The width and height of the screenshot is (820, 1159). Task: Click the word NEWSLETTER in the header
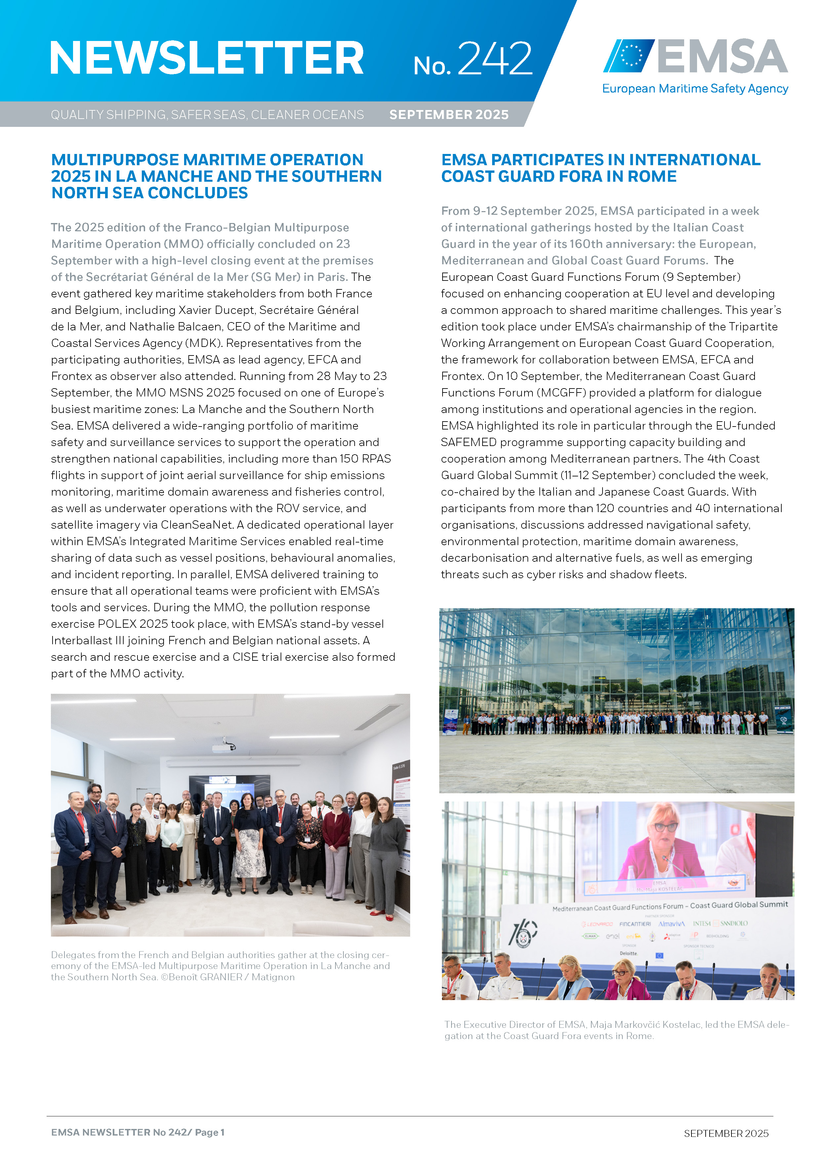pyautogui.click(x=207, y=58)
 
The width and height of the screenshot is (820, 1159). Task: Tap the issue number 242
pyautogui.click(x=495, y=59)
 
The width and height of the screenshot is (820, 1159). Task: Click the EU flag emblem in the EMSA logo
pyautogui.click(x=630, y=55)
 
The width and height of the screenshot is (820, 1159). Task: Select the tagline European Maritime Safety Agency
pyautogui.click(x=695, y=89)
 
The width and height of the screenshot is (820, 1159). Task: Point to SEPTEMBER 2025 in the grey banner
pyautogui.click(x=449, y=115)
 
